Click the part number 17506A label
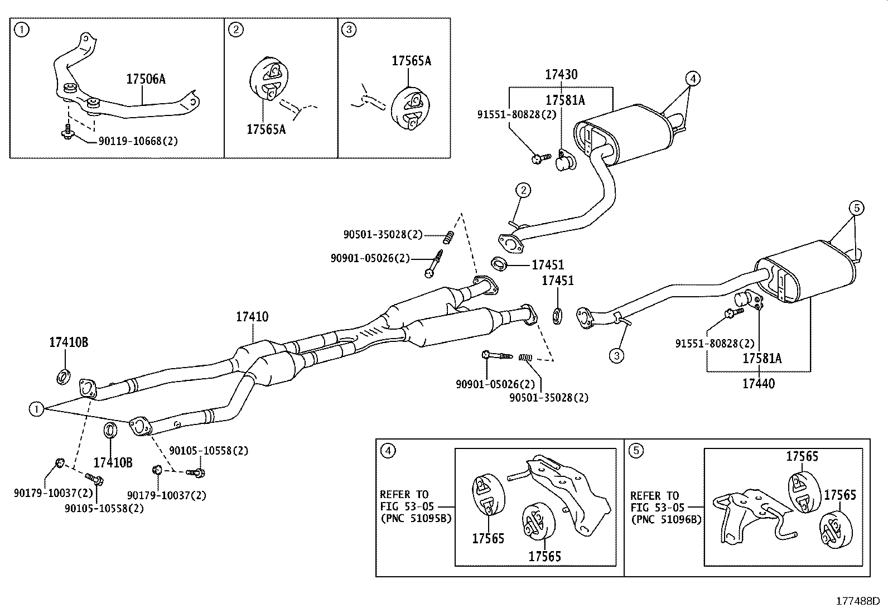click(x=146, y=79)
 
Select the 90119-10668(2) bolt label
click(x=138, y=141)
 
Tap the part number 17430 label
click(x=561, y=75)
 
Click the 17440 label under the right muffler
click(x=758, y=383)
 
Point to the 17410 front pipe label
click(x=252, y=317)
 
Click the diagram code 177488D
click(x=857, y=601)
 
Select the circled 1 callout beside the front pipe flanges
click(x=36, y=409)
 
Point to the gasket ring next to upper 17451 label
click(x=499, y=263)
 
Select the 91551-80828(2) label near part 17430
click(x=517, y=114)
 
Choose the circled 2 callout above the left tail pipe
click(x=523, y=191)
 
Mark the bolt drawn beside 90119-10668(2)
click(x=67, y=132)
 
